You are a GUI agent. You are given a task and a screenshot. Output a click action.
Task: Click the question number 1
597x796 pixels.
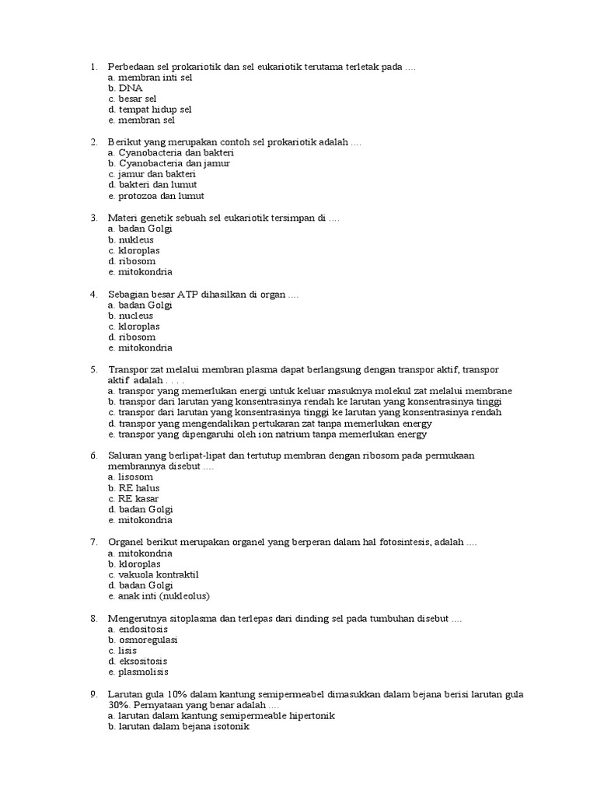point(93,67)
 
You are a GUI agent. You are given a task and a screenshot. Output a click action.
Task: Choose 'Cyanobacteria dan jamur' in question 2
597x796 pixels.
point(169,164)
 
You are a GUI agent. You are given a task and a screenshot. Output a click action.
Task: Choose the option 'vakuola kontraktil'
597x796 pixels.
point(154,574)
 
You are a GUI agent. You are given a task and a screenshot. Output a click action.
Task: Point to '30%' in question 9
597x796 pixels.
point(120,704)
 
